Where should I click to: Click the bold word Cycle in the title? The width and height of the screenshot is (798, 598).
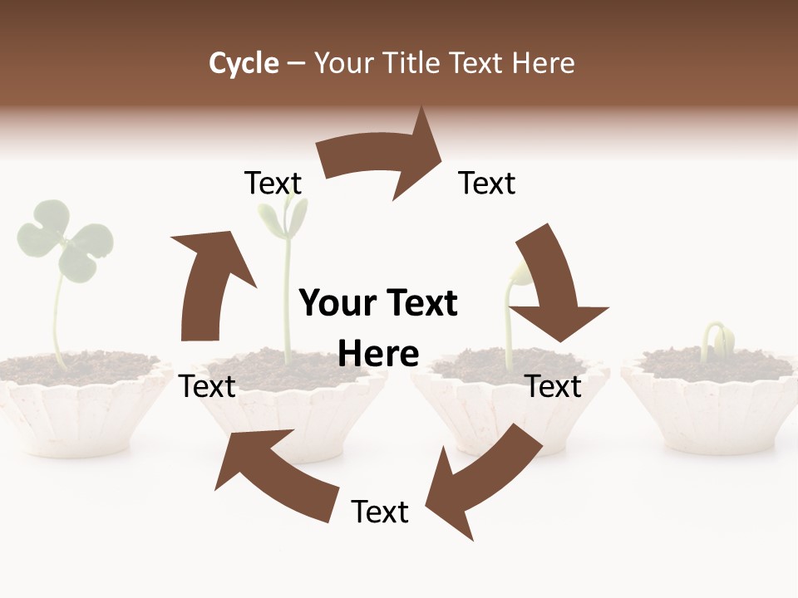pos(244,63)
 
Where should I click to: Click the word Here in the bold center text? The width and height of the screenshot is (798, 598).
pos(378,354)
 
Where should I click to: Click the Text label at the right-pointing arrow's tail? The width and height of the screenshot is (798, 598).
pos(273,184)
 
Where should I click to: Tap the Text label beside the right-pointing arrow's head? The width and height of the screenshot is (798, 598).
pos(487,184)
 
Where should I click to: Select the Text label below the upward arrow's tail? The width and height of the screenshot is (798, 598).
pos(208,386)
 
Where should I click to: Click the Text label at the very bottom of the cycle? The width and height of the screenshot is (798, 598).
pos(380,512)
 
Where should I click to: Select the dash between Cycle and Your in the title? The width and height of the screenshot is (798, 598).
pos(296,64)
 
